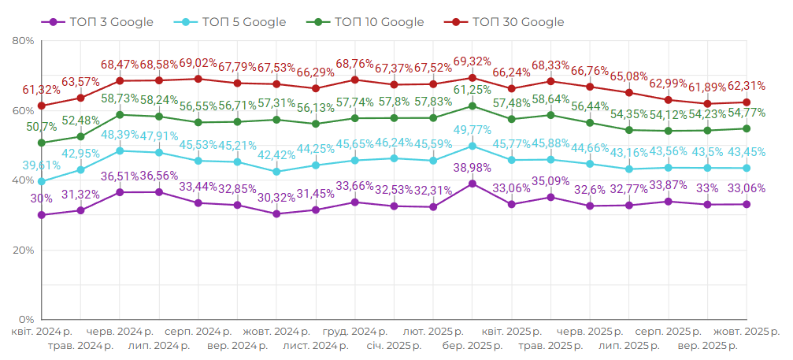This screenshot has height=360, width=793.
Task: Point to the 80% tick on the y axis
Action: coord(23,41)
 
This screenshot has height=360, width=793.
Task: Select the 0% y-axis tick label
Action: coord(26,320)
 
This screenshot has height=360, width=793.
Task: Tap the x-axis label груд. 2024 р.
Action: coord(355,332)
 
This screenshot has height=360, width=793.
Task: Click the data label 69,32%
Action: coord(472,61)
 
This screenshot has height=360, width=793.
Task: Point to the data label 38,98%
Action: coord(472,167)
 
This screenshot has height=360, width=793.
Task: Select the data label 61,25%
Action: coord(472,90)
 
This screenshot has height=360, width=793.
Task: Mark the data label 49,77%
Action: coord(472,130)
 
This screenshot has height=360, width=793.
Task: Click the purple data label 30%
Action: coord(41,199)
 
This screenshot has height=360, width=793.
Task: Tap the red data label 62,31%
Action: coord(747,86)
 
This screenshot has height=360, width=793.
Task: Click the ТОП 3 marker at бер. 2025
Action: coord(472,184)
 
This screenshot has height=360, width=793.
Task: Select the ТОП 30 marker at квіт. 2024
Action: coord(41,106)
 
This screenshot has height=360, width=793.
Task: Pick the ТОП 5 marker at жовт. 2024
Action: coord(276,171)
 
